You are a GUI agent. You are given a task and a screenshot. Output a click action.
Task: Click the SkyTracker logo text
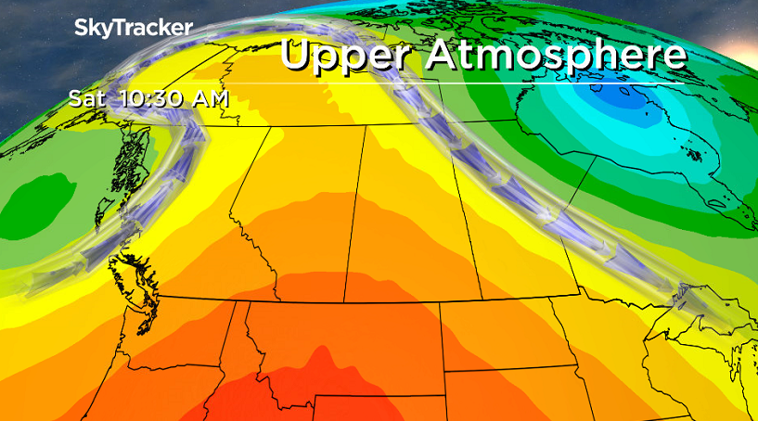click(x=134, y=28)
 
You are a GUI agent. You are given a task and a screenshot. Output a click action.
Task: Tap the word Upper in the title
click(x=344, y=55)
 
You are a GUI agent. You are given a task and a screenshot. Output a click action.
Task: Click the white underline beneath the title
click(x=482, y=83)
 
